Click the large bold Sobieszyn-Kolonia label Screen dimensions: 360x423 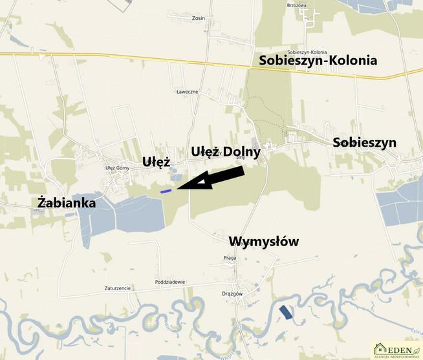[x=318, y=61]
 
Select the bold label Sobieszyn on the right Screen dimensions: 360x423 [x=364, y=143]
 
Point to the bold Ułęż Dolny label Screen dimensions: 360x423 [x=226, y=151]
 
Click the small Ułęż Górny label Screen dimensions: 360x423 [x=118, y=168]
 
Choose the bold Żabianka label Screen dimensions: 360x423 [x=67, y=203]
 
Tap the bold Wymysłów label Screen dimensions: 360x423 [x=264, y=242]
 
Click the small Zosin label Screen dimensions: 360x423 [x=198, y=18]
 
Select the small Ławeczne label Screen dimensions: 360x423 [x=187, y=92]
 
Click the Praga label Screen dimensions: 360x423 [x=230, y=257]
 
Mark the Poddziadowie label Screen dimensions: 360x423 [x=171, y=282]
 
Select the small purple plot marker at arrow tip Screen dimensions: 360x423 [x=166, y=191]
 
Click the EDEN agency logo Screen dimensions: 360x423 [x=396, y=350]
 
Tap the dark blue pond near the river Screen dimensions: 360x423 [x=285, y=313]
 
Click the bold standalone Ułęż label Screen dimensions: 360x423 [x=156, y=162]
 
